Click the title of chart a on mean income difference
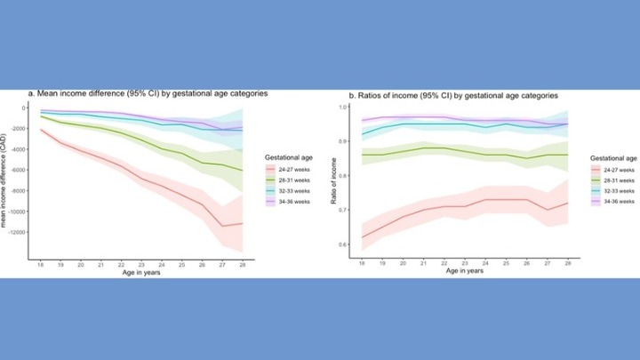147,93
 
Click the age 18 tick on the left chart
41,265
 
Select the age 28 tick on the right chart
566,265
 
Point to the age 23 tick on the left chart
141,265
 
